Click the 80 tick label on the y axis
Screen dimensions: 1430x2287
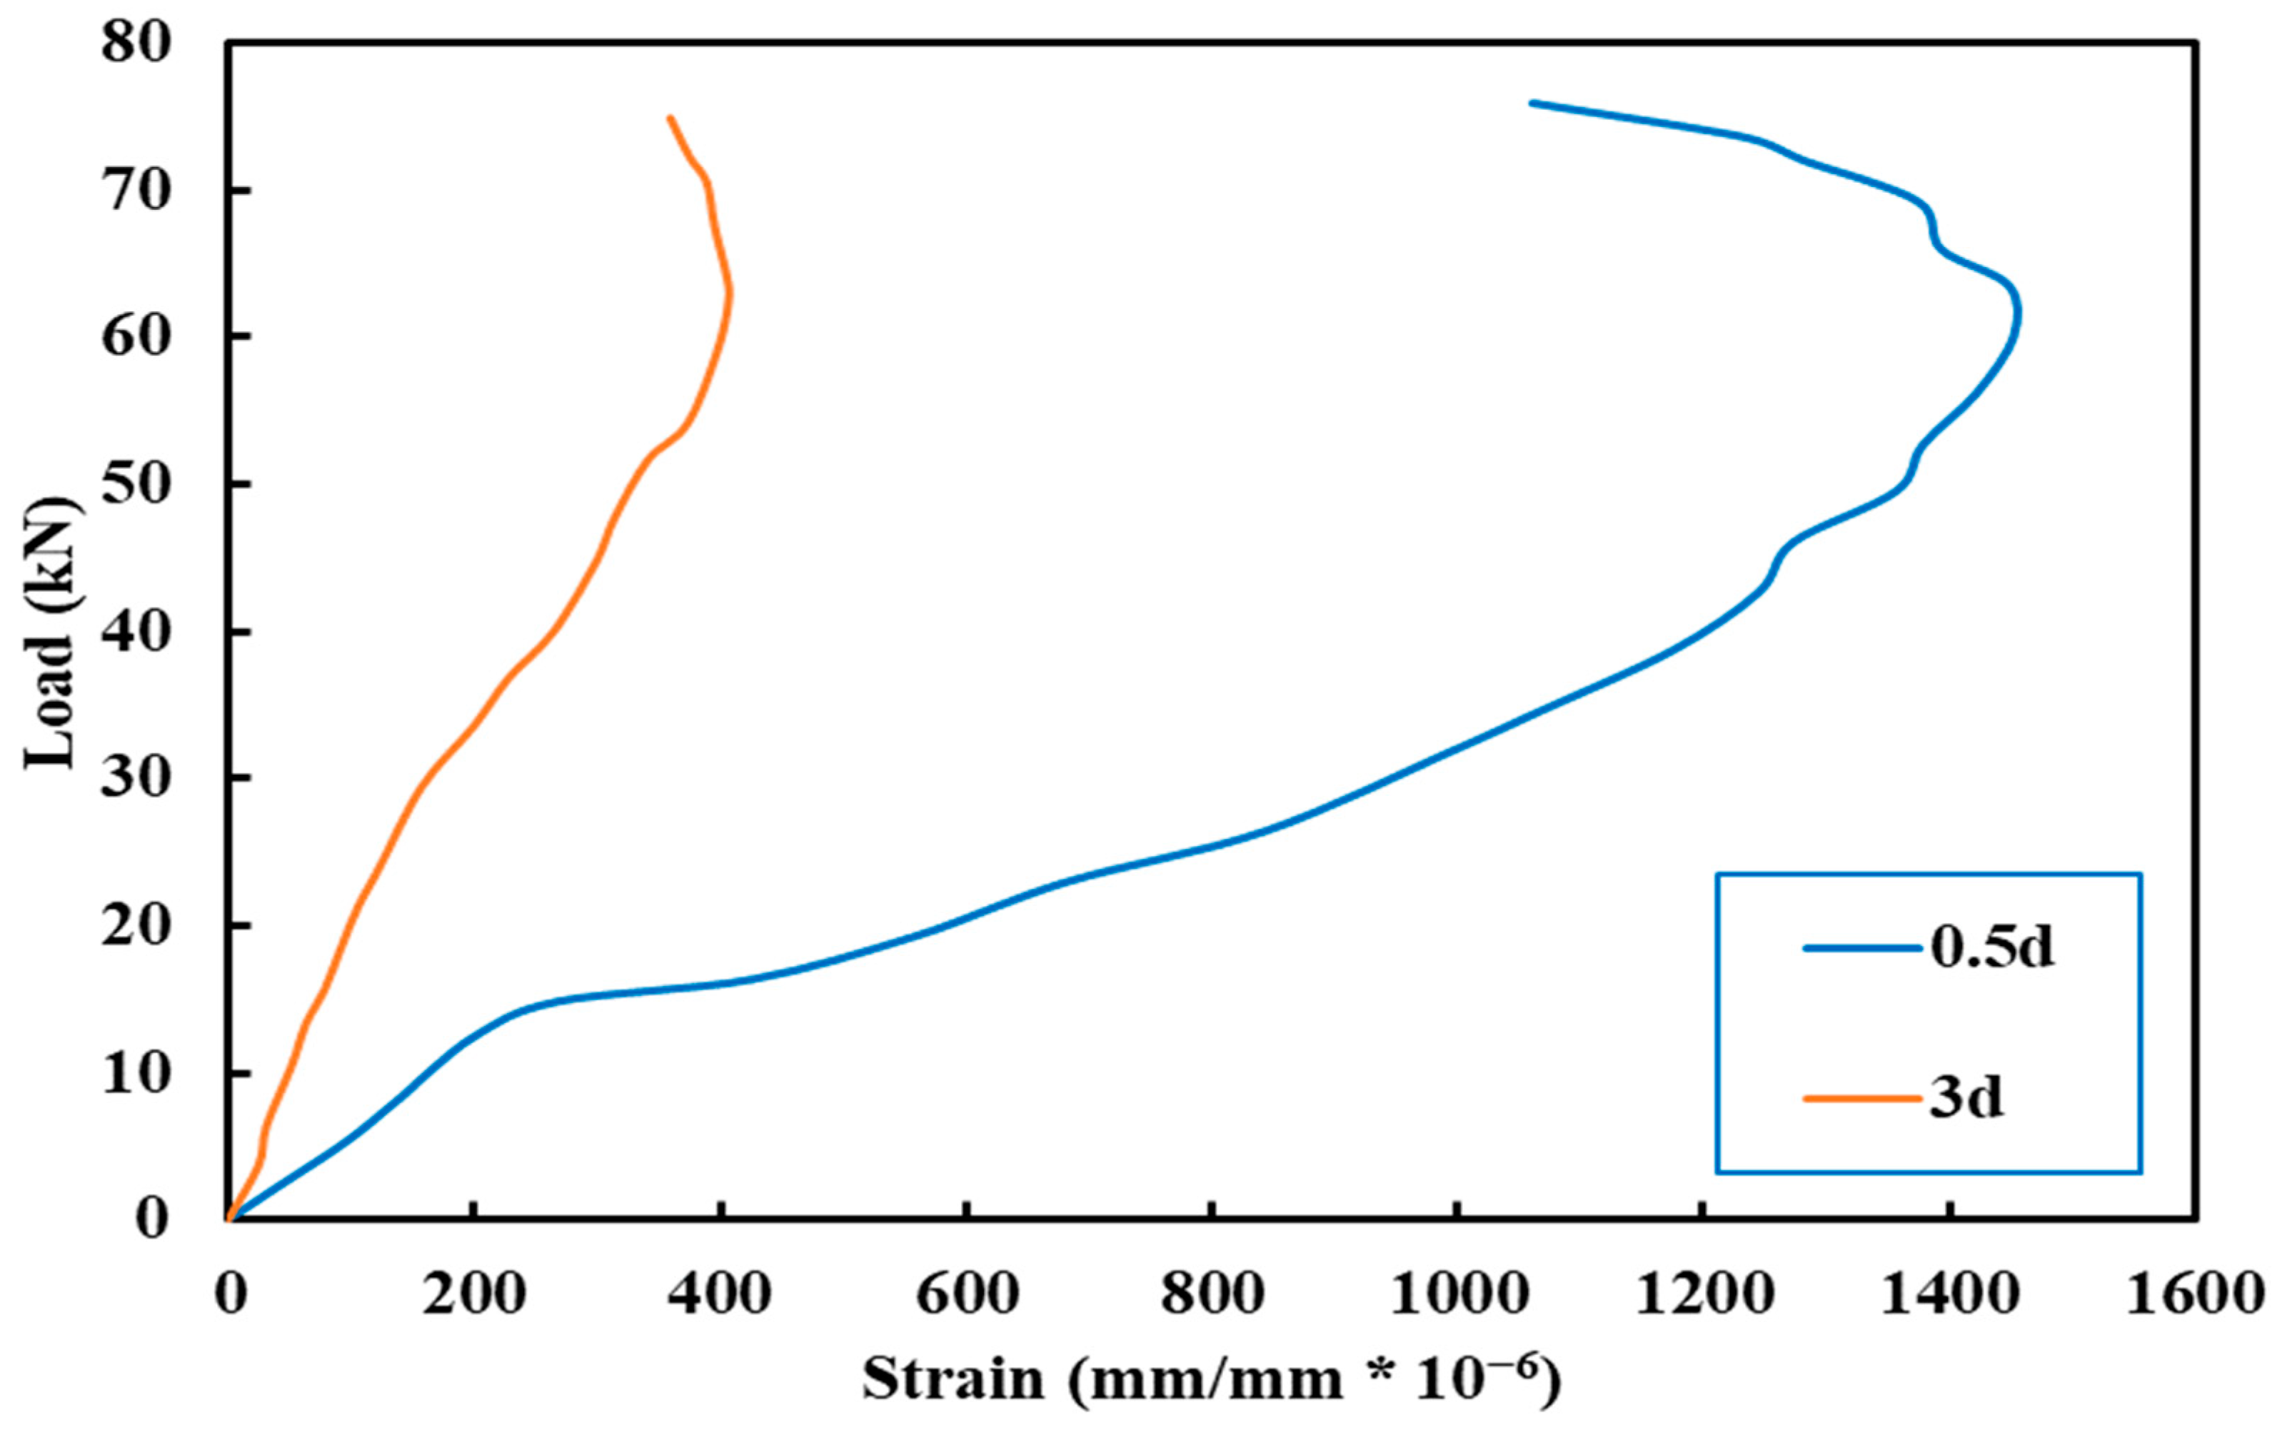(137, 44)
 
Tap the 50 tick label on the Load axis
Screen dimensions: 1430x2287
(137, 484)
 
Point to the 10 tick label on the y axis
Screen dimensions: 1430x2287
(137, 1074)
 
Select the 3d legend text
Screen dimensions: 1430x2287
(1966, 1098)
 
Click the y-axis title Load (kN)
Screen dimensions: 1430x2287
(52, 632)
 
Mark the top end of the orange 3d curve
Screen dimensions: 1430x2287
(670, 117)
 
